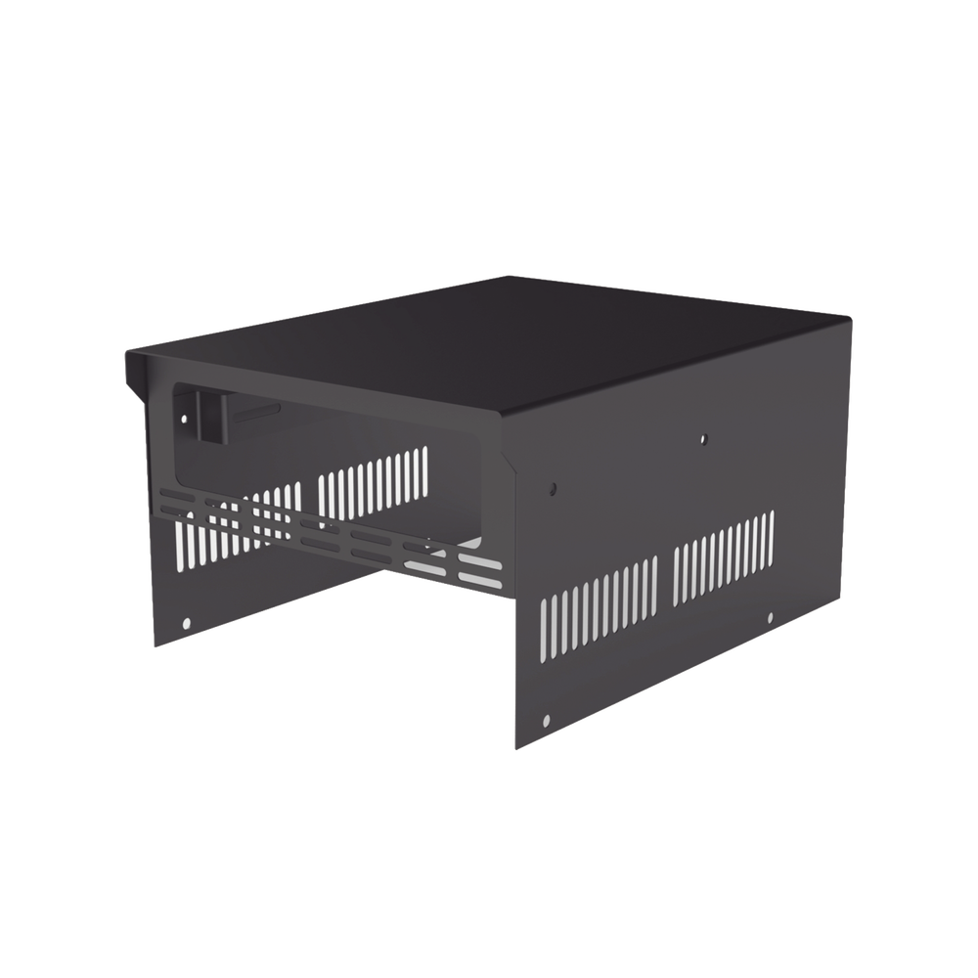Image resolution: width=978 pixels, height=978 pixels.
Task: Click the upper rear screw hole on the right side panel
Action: [x=702, y=440]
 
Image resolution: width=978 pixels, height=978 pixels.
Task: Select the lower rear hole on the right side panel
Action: [x=770, y=617]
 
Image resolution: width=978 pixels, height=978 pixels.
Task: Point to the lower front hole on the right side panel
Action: [x=546, y=723]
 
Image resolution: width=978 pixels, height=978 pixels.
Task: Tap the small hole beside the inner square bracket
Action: [x=183, y=420]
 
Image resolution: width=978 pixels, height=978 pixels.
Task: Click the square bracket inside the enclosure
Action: [x=208, y=415]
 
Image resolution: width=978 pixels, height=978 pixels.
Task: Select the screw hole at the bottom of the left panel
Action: [x=186, y=622]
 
